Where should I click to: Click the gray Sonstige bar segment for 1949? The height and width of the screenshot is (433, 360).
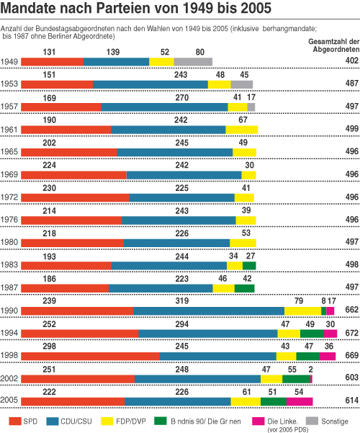[x=193, y=62]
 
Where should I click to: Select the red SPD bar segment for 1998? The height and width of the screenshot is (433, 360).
[x=90, y=356]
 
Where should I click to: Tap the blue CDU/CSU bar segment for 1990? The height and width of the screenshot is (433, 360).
[x=209, y=311]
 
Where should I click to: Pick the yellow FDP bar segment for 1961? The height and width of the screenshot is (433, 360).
[x=242, y=130]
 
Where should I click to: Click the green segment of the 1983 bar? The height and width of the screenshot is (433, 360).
[x=249, y=266]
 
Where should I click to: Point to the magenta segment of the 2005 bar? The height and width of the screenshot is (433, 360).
[x=300, y=401]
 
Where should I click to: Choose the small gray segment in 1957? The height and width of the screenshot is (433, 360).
[x=251, y=107]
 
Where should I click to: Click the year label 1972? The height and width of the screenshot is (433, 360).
[x=9, y=197]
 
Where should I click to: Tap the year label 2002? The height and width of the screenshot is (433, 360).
[x=9, y=378]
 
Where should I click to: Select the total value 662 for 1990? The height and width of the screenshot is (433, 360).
[x=352, y=310]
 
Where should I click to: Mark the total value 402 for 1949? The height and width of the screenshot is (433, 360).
[x=352, y=61]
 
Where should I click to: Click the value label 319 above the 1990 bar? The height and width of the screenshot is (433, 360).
[x=182, y=300]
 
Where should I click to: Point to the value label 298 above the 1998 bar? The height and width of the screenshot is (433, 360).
[x=49, y=346]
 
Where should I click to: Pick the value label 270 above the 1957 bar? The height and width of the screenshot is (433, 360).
[x=182, y=97]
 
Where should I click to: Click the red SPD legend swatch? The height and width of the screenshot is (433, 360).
[x=15, y=421]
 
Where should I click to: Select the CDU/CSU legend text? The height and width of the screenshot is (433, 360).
[x=76, y=421]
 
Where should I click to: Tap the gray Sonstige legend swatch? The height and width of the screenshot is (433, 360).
[x=312, y=421]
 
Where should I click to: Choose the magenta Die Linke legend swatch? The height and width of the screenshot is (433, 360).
[x=258, y=421]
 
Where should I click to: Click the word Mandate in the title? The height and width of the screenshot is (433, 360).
[x=28, y=8]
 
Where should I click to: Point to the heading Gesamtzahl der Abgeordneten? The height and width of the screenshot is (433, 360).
[x=334, y=45]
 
